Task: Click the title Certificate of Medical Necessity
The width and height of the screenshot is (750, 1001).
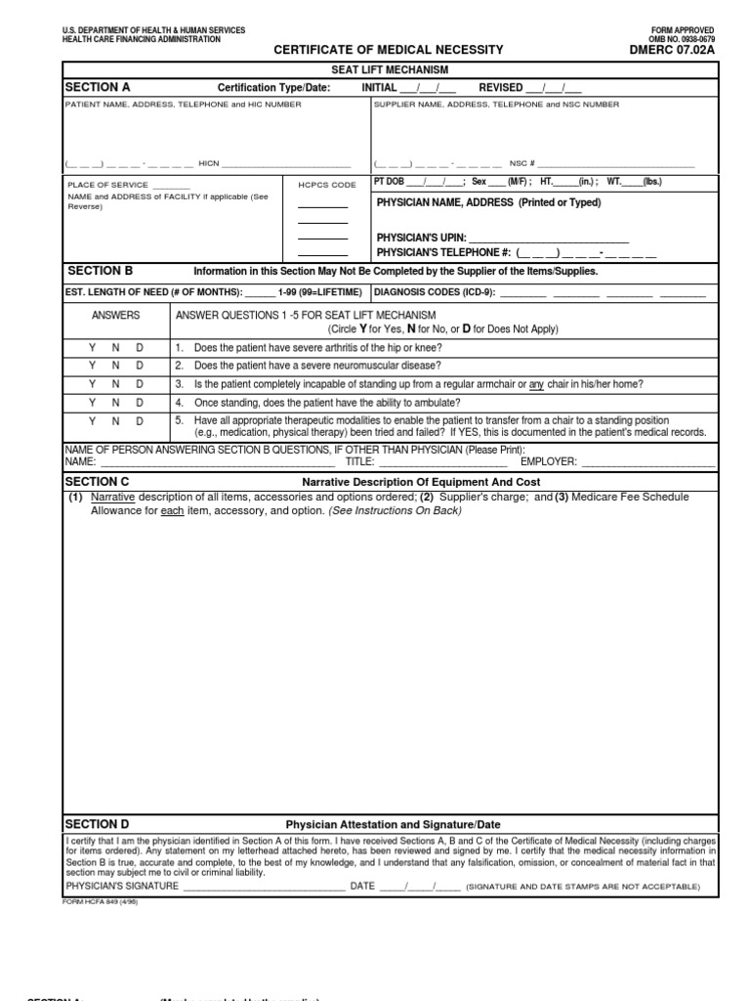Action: (388, 49)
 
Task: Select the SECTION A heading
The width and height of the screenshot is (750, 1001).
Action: (98, 87)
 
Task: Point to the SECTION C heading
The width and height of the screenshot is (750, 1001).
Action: (97, 482)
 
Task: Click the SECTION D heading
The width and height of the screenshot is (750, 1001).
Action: (97, 824)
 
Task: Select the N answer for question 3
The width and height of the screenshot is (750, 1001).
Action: (115, 384)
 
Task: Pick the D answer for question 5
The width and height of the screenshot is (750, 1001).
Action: (140, 420)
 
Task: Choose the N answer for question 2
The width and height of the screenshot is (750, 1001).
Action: (115, 366)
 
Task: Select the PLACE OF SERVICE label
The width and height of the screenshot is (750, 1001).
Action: (107, 185)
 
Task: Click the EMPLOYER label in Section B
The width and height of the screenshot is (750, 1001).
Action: (549, 461)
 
